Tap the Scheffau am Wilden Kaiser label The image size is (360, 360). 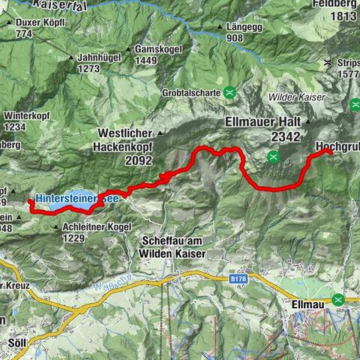173,247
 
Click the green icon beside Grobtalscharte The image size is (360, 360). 230,93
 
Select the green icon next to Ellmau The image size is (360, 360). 339,299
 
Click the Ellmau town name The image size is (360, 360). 307,306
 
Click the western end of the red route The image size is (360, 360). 30,202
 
